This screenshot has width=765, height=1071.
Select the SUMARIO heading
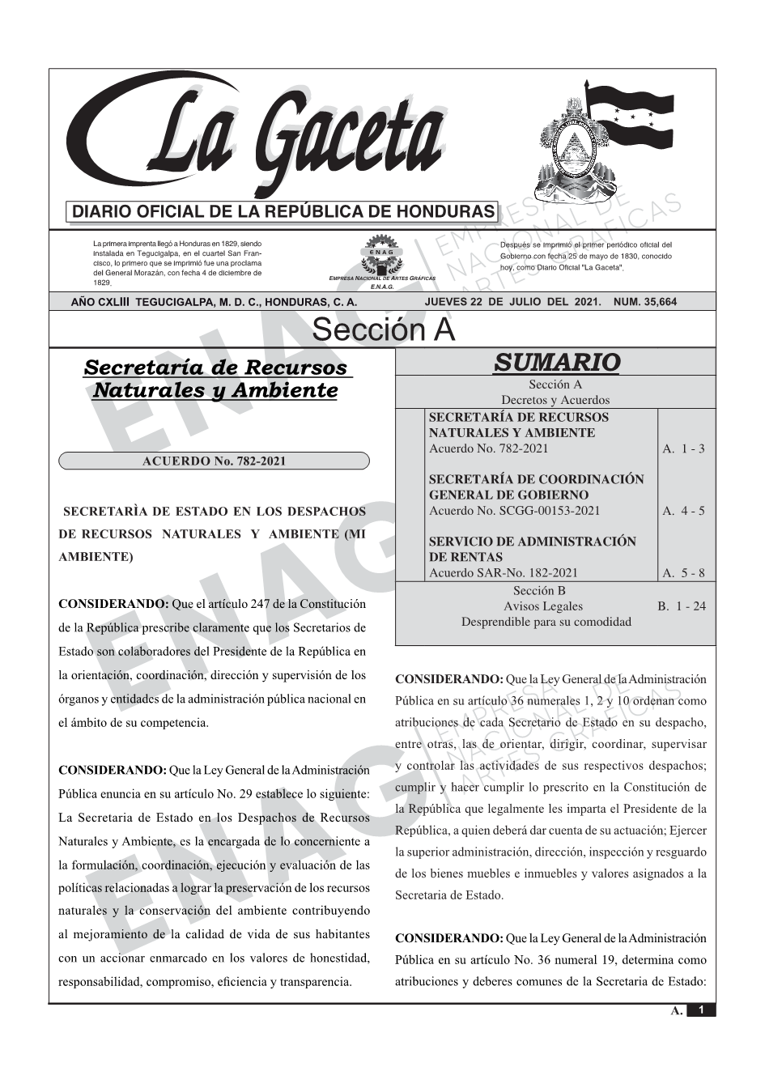coord(556,362)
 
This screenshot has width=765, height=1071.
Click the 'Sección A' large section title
coord(383,330)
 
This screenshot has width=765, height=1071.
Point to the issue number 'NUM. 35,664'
coord(645,302)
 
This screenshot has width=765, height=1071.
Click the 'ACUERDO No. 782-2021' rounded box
coord(214,461)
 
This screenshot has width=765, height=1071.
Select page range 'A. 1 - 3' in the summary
coord(683,448)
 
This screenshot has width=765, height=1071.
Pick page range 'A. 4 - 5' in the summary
coord(683,511)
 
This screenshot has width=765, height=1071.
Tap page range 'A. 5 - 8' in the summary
coord(683,573)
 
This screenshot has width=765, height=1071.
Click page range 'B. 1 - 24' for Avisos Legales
coord(682,606)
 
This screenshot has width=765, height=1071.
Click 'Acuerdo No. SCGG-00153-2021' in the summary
coord(514,511)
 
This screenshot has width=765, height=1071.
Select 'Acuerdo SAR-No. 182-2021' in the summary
coord(504,573)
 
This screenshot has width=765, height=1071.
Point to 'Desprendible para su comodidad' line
coord(546,622)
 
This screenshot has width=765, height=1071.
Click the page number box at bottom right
coord(701,1010)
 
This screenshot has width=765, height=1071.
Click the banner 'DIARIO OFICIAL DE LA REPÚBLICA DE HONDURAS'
coord(283,212)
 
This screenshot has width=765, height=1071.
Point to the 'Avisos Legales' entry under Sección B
coord(542,606)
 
